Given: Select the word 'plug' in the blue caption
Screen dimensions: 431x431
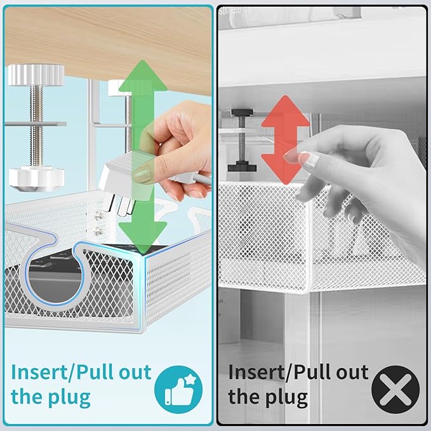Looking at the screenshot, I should pyautogui.click(x=69, y=398).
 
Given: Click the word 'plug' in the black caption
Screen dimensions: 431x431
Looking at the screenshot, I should pyautogui.click(x=286, y=398).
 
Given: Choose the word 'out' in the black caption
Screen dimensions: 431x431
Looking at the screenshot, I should pyautogui.click(x=348, y=371).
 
